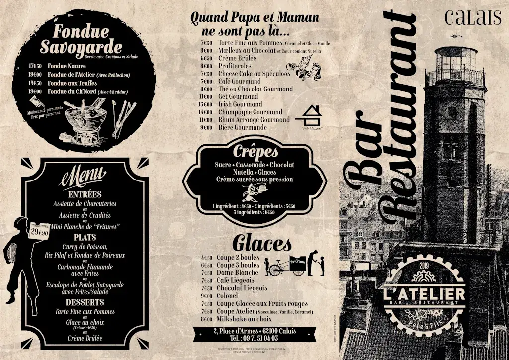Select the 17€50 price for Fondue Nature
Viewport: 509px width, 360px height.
(x=35, y=66)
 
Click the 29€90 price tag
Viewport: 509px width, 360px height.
(x=39, y=231)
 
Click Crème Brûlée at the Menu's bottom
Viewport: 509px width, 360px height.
(x=85, y=338)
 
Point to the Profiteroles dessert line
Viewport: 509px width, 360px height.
(x=235, y=66)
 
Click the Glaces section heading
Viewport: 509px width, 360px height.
(x=261, y=244)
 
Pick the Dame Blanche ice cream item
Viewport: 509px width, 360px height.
(x=237, y=272)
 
